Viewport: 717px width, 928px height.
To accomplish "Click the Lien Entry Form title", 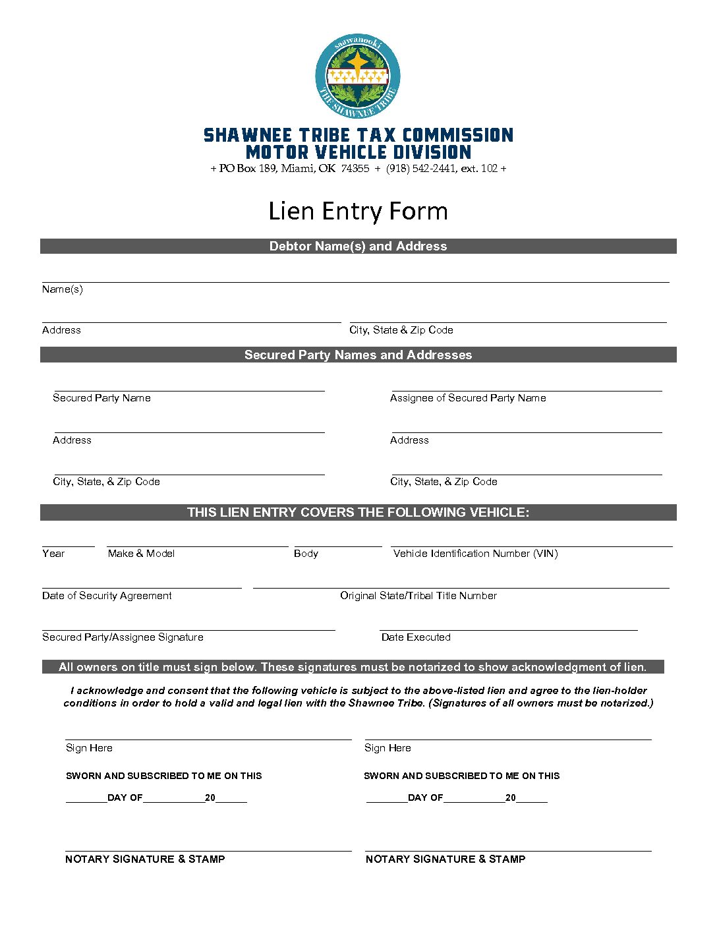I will (x=358, y=211).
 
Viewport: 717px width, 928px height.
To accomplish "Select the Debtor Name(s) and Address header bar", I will (x=358, y=246).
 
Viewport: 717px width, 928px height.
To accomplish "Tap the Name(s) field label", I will (x=63, y=289).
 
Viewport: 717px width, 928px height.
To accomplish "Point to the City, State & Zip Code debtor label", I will (x=401, y=330).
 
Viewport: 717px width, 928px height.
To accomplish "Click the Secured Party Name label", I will (x=101, y=398).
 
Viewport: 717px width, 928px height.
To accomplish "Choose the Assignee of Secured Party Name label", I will (x=468, y=398).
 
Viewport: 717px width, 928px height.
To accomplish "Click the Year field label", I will (x=53, y=554).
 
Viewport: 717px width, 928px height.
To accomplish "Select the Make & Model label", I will (x=141, y=554).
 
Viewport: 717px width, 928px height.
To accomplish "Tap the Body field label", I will (x=306, y=554).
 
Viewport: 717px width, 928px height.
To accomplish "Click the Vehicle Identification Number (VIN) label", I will (x=475, y=554).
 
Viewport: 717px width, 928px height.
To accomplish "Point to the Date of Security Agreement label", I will (x=107, y=596).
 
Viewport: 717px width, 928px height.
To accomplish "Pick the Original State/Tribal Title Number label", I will (x=418, y=596).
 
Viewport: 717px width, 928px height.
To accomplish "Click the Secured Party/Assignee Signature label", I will (x=123, y=637).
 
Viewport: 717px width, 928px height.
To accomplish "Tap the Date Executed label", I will (x=416, y=637).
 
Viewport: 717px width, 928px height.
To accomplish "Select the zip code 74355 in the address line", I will (x=355, y=169).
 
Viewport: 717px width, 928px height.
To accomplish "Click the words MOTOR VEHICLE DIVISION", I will (x=358, y=152).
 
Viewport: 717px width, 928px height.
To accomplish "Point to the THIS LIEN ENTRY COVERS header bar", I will (x=358, y=512).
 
